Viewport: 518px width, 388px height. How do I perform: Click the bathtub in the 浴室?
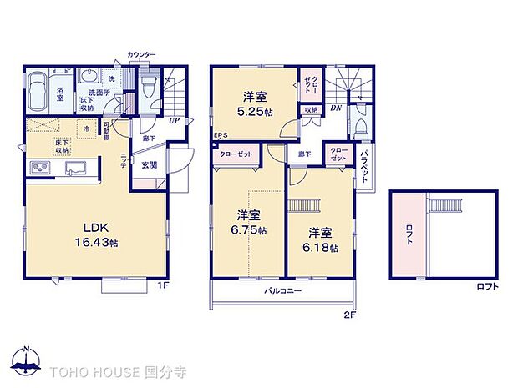click(38, 90)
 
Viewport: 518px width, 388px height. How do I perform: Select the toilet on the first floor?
click(148, 86)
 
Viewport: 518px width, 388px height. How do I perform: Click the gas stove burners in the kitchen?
click(40, 169)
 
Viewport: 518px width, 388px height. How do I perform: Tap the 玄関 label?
click(149, 164)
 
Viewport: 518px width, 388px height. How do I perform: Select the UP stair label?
click(173, 121)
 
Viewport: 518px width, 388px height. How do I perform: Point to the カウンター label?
click(141, 54)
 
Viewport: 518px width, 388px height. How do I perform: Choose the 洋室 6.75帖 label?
click(248, 221)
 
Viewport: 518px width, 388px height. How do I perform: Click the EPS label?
click(221, 136)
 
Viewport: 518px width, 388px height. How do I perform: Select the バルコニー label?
click(283, 290)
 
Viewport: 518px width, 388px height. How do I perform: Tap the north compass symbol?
click(25, 360)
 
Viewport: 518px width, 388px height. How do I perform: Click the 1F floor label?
click(165, 285)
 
